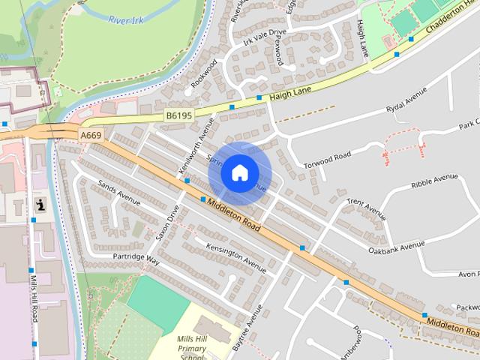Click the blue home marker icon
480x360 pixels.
(239, 173)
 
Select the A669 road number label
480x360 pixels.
(90, 135)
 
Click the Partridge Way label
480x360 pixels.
(136, 259)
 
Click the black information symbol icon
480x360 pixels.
(39, 204)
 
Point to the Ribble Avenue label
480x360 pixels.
(434, 181)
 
